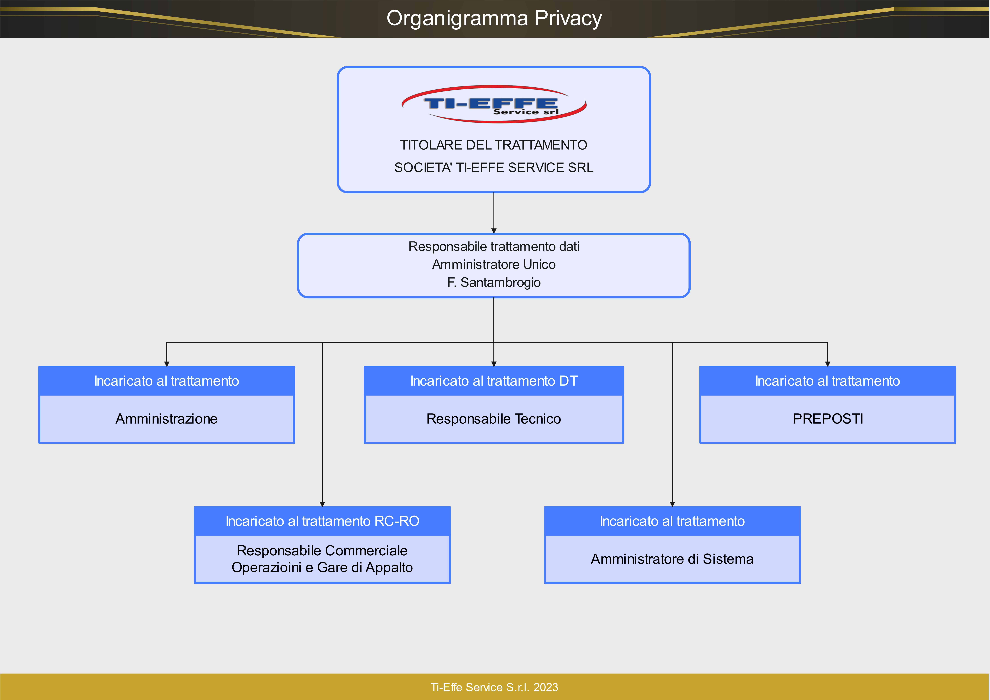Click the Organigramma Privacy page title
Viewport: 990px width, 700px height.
tap(494, 18)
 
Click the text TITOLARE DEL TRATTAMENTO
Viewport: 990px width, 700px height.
tap(494, 145)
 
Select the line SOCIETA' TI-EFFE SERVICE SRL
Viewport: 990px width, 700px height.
tap(494, 167)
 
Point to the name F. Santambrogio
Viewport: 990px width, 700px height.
tap(494, 283)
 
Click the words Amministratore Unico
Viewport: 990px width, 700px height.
tap(494, 264)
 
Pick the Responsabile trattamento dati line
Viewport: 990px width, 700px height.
tap(494, 246)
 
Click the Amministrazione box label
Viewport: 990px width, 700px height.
tap(166, 419)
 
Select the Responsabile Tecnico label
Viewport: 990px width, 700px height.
tap(494, 419)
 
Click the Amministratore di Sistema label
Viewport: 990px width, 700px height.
tap(672, 559)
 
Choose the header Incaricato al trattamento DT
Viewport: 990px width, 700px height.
tap(494, 381)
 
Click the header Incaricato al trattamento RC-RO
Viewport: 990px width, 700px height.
tap(322, 521)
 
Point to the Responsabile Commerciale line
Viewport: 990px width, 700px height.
tap(322, 551)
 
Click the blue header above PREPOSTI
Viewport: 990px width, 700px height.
tap(827, 381)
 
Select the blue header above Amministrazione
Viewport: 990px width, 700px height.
tap(166, 381)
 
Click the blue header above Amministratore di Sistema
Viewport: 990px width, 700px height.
tap(672, 521)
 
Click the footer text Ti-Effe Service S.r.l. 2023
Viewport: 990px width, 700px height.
tap(494, 687)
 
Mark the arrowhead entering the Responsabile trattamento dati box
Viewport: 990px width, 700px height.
tap(494, 231)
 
